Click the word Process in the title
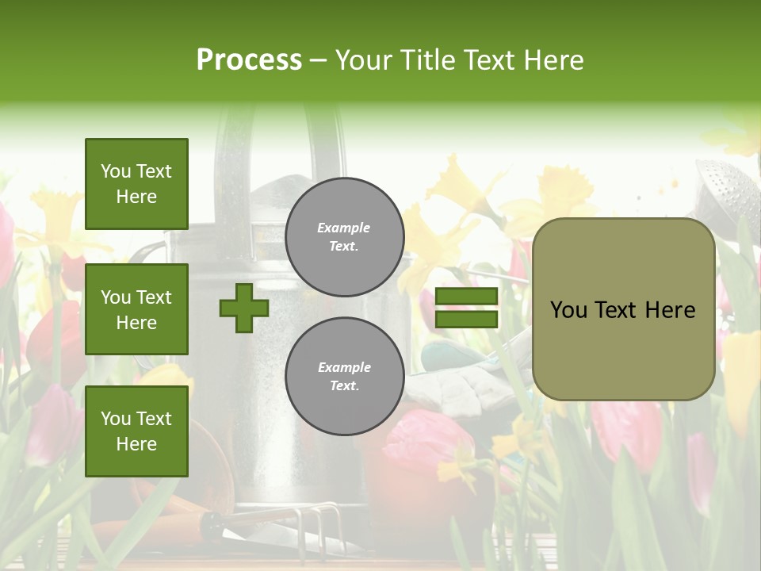(249, 60)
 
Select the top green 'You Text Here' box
(136, 184)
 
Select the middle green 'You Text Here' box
(136, 309)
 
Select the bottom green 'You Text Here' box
(136, 431)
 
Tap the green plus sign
(244, 308)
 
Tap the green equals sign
(466, 308)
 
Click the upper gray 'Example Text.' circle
(345, 236)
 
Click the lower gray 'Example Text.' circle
(345, 376)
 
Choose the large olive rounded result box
(623, 309)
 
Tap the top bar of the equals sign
(466, 297)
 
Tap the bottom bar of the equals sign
(466, 319)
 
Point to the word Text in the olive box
(622, 310)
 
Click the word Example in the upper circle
(344, 228)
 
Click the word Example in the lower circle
(344, 367)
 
